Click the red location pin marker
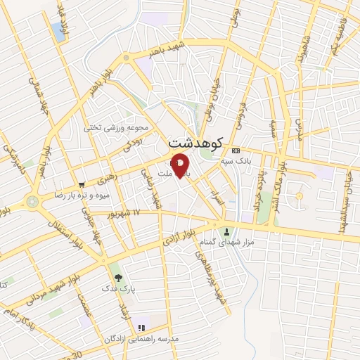181,166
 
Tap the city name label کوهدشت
195,143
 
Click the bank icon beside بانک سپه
236,150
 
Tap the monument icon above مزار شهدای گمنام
226,231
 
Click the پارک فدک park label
117,288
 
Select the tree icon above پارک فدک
117,277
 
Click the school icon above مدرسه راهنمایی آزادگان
141,327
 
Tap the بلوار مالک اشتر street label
281,181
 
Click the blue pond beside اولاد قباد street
57,30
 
